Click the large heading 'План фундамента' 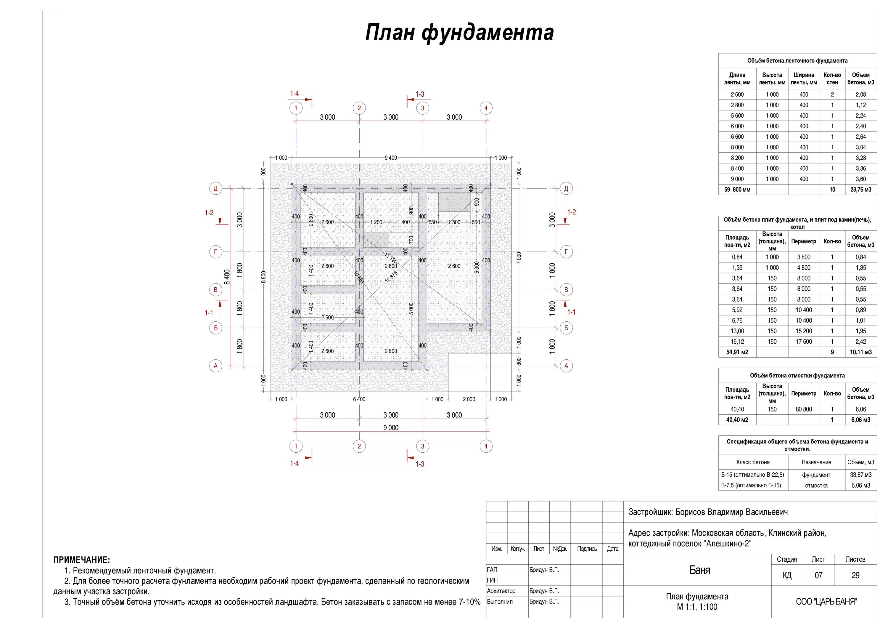459,33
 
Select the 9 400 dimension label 391,158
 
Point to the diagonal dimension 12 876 391,277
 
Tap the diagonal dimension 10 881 359,277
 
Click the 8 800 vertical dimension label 263,277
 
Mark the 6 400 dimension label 359,399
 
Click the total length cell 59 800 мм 737,190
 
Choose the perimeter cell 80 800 803,409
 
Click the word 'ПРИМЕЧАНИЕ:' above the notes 82,560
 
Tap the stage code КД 787,575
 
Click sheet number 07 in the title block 818,575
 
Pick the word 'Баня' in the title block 700,570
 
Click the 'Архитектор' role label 501,591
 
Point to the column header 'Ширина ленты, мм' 804,78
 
